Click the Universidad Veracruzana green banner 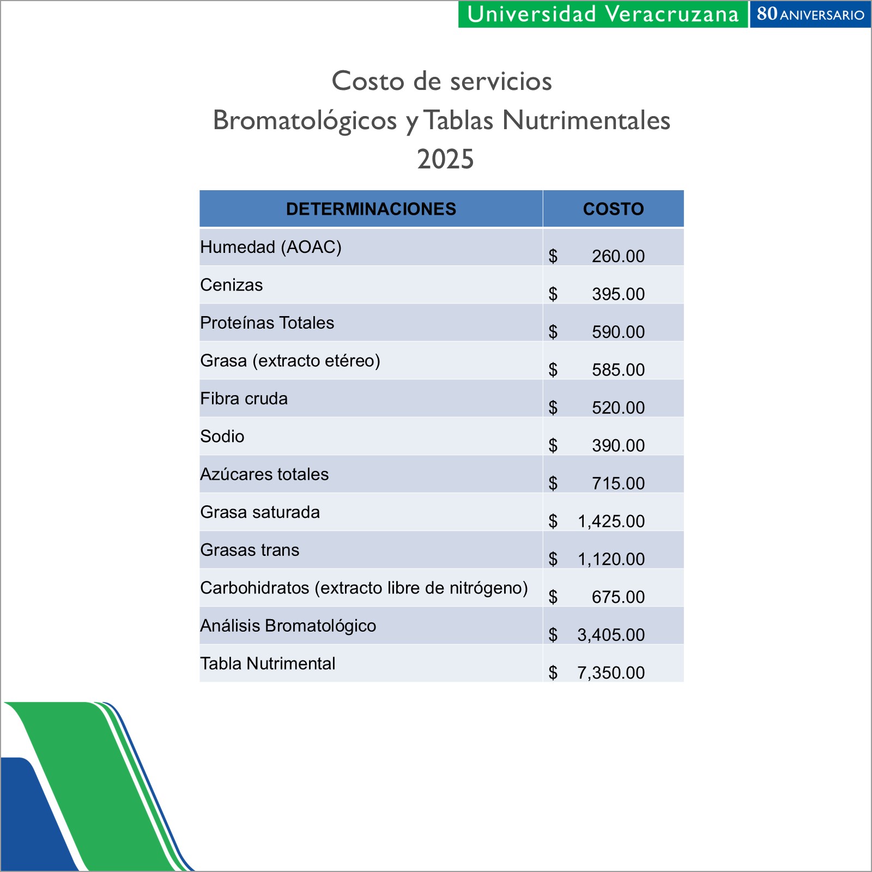[x=602, y=14]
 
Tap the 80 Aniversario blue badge [x=810, y=14]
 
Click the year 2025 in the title [x=445, y=159]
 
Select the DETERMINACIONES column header [x=371, y=209]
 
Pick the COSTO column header [x=613, y=209]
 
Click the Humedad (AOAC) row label [x=271, y=247]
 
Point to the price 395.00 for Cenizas [x=618, y=294]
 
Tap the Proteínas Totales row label [x=267, y=323]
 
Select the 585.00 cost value [x=618, y=370]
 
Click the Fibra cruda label [x=244, y=398]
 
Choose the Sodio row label [x=222, y=437]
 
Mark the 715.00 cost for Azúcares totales [x=618, y=483]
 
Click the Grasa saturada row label [x=260, y=512]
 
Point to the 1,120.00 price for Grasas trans [x=611, y=559]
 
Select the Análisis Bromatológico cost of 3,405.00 [x=611, y=635]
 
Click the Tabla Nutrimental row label [x=268, y=664]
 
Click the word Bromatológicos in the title [x=305, y=120]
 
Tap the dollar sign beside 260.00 [x=553, y=256]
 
